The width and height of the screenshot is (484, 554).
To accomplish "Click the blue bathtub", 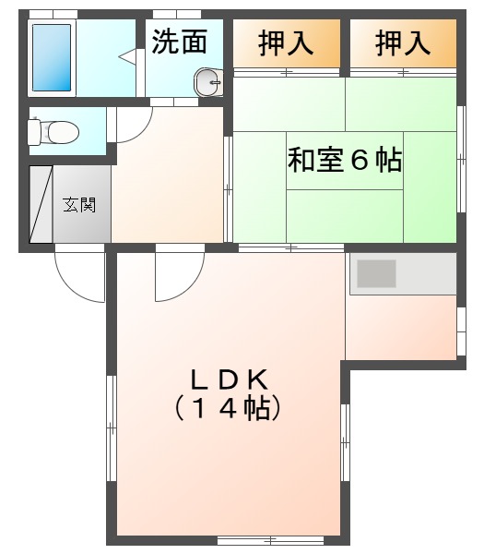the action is click(x=52, y=57).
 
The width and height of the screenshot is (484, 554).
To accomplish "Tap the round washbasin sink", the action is click(x=208, y=82).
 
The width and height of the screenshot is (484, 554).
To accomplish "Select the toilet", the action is click(x=53, y=132).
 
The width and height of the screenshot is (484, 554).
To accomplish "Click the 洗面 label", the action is click(x=179, y=42).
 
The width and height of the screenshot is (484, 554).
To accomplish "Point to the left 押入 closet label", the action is click(x=286, y=43).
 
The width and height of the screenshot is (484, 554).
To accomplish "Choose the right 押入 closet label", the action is click(x=403, y=43).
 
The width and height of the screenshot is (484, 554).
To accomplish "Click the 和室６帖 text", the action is click(x=345, y=160).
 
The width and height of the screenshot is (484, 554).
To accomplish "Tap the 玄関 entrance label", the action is click(x=79, y=205).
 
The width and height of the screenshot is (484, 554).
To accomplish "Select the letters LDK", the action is click(x=230, y=379).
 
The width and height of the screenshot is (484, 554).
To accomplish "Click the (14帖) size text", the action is click(x=228, y=408).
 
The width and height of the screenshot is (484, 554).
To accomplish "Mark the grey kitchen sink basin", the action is click(x=376, y=273).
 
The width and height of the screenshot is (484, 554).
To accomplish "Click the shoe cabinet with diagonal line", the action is click(x=41, y=204).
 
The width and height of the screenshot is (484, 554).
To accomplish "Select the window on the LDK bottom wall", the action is click(x=270, y=540).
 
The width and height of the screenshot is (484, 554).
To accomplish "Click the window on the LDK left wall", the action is click(x=112, y=428).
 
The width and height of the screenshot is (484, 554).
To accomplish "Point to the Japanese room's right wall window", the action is click(x=461, y=159).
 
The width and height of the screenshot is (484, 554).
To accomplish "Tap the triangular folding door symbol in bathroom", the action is click(x=127, y=57).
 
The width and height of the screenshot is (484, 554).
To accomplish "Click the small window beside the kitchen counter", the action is click(x=461, y=331).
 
